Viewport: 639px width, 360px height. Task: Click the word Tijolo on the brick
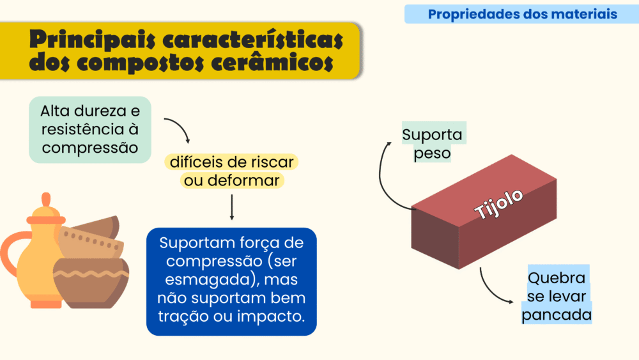coord(498,204)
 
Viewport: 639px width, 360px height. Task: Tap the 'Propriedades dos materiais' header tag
coord(522,14)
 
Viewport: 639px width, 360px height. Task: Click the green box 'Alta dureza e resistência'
coord(90,130)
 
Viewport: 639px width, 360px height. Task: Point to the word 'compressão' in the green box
coord(90,148)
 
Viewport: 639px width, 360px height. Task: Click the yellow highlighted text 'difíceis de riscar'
coord(231,162)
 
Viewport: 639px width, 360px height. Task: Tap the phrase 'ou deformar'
coord(232,180)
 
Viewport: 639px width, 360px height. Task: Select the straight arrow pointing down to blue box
coord(232,207)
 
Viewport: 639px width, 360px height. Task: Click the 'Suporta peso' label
coord(433,144)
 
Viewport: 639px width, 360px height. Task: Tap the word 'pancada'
coord(557,315)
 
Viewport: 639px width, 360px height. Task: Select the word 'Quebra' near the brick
coord(557,278)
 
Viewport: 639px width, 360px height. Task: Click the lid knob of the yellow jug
coord(46,200)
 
